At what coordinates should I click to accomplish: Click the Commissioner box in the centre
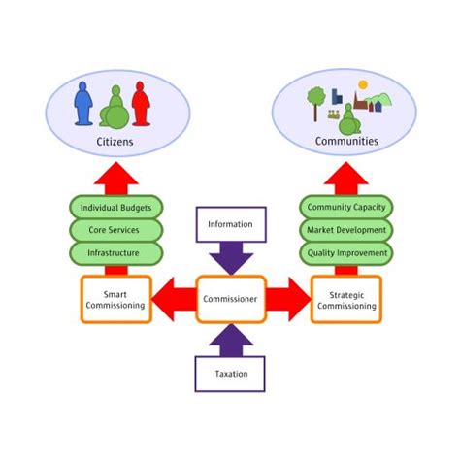230,299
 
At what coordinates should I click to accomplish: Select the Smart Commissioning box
115,299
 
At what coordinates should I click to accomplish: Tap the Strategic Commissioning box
345,299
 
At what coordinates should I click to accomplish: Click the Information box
230,224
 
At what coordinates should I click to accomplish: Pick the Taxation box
230,373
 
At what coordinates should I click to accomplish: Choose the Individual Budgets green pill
115,208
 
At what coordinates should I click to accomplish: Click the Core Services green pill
115,231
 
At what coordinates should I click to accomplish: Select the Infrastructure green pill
115,253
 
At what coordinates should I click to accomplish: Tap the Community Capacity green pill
345,208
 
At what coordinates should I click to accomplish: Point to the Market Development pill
345,231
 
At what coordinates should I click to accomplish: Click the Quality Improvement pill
345,253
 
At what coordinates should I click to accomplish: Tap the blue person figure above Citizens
83,103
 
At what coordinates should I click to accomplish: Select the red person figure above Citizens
140,103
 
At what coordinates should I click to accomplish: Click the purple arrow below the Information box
230,259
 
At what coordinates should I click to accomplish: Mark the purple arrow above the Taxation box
230,339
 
